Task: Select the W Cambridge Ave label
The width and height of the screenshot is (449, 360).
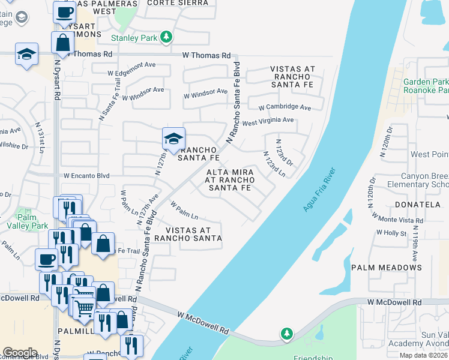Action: tap(285, 108)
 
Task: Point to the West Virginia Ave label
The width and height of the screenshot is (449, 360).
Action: tap(268, 121)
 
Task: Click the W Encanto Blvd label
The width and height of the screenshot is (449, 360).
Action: tap(86, 176)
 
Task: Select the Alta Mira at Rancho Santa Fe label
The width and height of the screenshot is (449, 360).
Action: tap(229, 180)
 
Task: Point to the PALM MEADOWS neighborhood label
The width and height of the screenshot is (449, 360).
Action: tap(386, 267)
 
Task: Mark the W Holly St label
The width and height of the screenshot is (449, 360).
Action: tap(395, 232)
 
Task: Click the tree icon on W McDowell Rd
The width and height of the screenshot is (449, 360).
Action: tap(287, 333)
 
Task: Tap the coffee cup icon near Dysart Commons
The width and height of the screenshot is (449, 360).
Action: tap(64, 11)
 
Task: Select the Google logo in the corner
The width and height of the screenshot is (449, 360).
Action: tap(20, 352)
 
